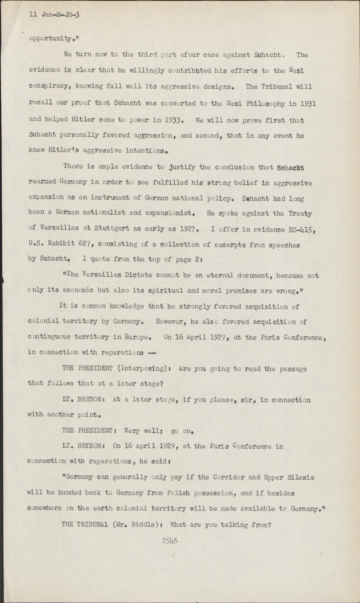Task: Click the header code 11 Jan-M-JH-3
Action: [54, 15]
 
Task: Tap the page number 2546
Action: [170, 541]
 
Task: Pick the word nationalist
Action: [96, 214]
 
